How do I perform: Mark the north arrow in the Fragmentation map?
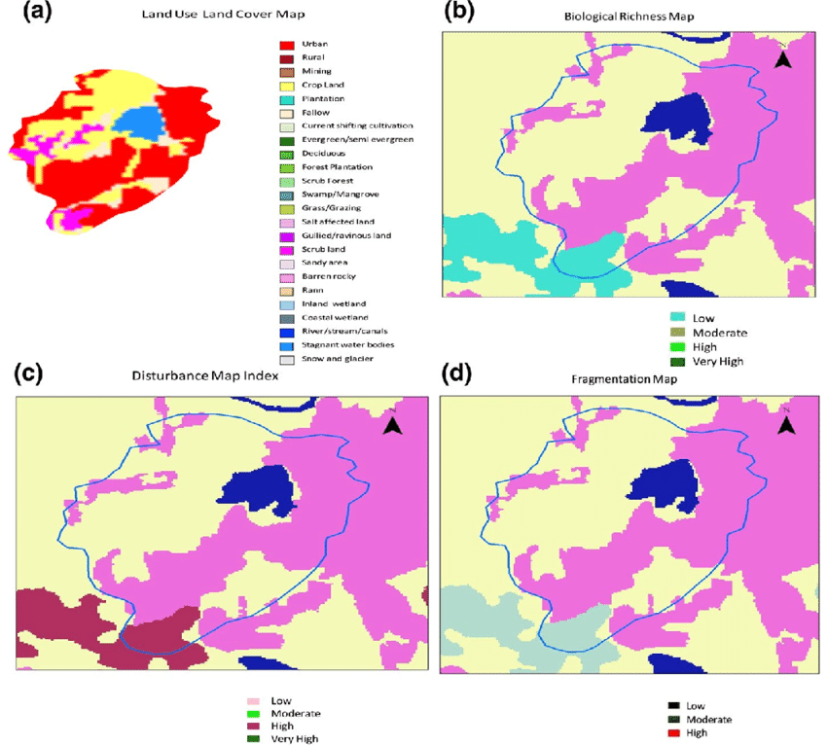787,424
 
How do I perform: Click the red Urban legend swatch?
286,45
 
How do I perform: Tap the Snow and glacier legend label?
338,359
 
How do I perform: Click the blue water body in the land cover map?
137,121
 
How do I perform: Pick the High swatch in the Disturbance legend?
254,726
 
